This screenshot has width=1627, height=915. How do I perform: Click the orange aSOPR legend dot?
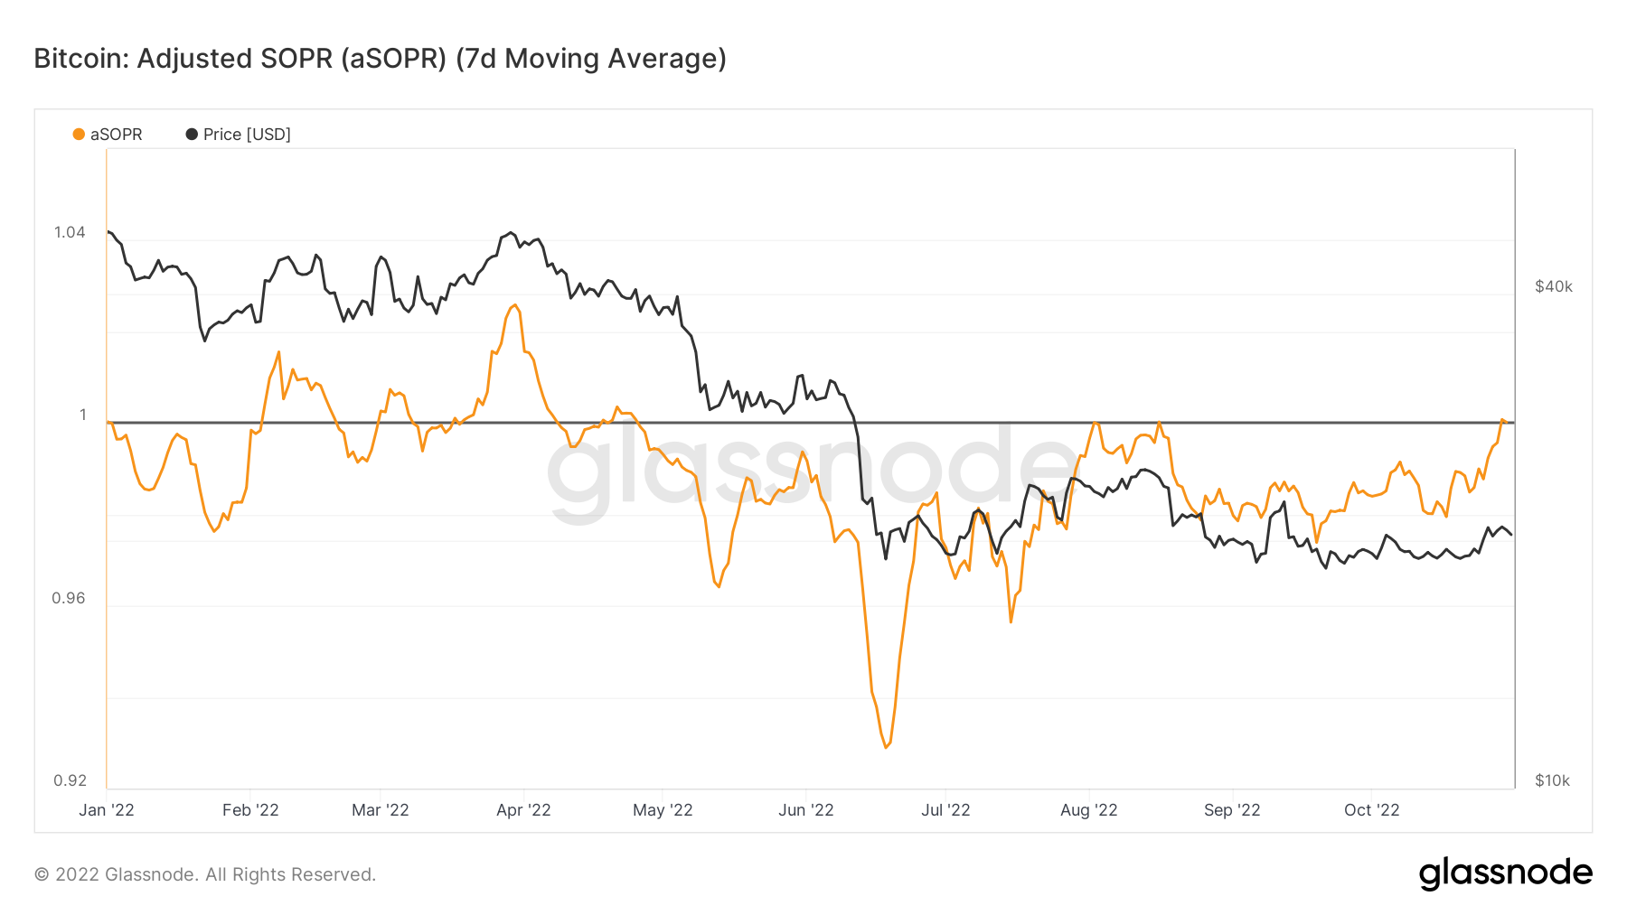tap(79, 135)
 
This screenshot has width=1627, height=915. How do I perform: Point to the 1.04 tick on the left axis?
tap(70, 232)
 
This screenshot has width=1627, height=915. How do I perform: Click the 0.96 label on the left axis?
tap(69, 598)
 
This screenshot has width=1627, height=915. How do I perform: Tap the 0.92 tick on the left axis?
tap(70, 780)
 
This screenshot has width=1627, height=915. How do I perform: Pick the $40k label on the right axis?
tap(1553, 286)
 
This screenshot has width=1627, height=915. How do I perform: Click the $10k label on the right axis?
tap(1552, 780)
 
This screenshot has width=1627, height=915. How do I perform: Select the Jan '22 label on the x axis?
tap(107, 810)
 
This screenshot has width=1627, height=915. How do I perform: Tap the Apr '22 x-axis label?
tap(523, 810)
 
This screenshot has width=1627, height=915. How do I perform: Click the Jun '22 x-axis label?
tap(805, 810)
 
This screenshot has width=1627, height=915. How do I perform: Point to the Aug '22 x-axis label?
tap(1088, 810)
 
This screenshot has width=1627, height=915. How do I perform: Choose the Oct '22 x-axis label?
tap(1371, 810)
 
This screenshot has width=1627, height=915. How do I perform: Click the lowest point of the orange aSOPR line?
tap(886, 747)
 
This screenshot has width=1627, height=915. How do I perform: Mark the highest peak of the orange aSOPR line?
tap(515, 305)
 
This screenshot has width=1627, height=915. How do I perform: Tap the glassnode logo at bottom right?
tap(1505, 873)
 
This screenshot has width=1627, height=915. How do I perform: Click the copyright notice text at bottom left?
tap(205, 874)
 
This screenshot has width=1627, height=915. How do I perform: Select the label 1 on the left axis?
tap(82, 415)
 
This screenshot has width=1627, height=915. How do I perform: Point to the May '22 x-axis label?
tap(663, 810)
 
